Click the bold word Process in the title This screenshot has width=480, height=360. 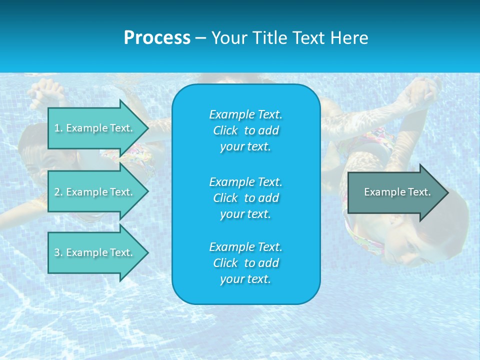pyautogui.click(x=157, y=38)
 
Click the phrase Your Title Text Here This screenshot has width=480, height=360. pyautogui.click(x=289, y=38)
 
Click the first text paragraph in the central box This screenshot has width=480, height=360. pyautogui.click(x=245, y=130)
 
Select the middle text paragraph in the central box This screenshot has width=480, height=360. pyautogui.click(x=245, y=197)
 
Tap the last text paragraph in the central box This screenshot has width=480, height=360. pyautogui.click(x=245, y=263)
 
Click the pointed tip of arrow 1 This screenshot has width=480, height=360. pyautogui.click(x=147, y=128)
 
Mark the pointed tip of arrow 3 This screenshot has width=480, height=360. pyautogui.click(x=147, y=252)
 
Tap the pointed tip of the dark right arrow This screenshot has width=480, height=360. pyautogui.click(x=447, y=192)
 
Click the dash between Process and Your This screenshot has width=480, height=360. pyautogui.click(x=200, y=38)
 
